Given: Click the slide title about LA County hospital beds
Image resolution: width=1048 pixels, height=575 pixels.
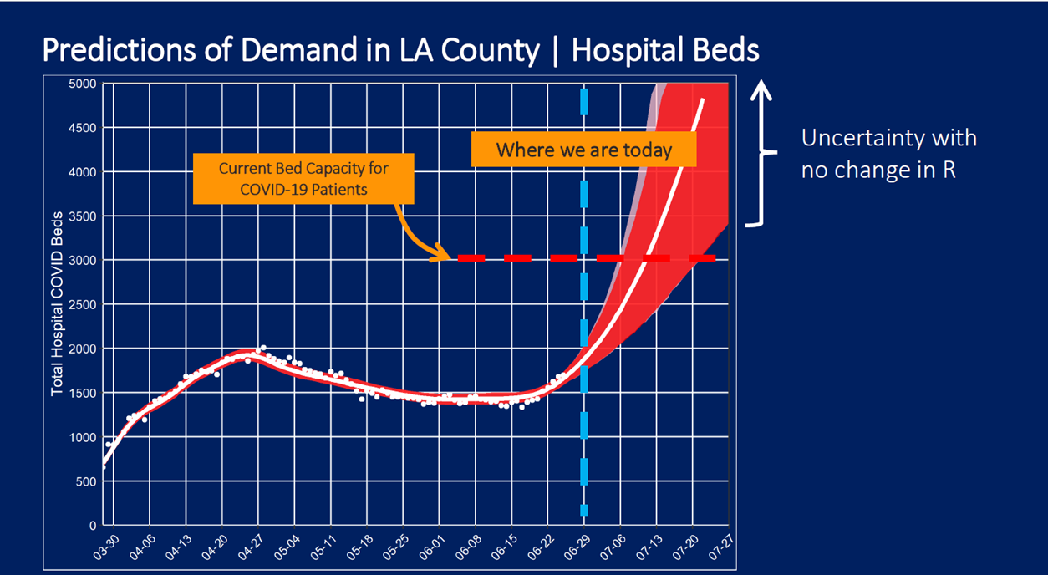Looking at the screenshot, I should pos(400,51).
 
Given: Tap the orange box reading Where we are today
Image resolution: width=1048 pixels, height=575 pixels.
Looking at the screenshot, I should pos(583,150).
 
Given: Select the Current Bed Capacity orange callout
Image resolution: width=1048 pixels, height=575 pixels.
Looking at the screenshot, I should pos(303,178).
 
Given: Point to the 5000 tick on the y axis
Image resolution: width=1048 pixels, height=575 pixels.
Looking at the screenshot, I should pos(84,84).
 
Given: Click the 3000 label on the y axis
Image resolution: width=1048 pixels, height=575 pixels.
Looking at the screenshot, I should pos(84,260).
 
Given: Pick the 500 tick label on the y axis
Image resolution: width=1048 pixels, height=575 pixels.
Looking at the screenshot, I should pos(87,481).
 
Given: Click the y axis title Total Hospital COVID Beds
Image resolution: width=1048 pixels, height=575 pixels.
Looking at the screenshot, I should pos(58,304).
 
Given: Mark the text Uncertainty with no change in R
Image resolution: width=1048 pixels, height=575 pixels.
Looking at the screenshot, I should pos(888,154).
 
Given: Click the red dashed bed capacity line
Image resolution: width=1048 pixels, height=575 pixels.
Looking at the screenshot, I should pos(518,259).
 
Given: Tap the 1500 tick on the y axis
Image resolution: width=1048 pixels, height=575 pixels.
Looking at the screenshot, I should pos(84,393).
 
